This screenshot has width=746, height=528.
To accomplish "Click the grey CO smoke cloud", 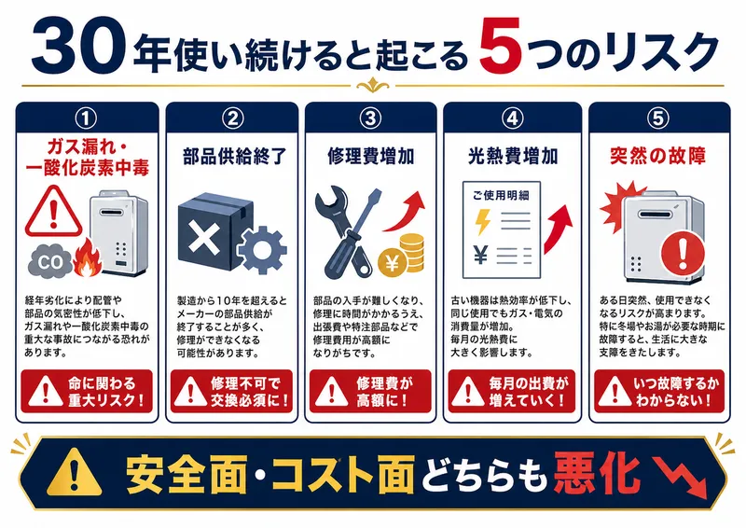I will click(52, 260).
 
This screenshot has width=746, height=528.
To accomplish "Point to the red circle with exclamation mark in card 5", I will click(686, 249).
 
